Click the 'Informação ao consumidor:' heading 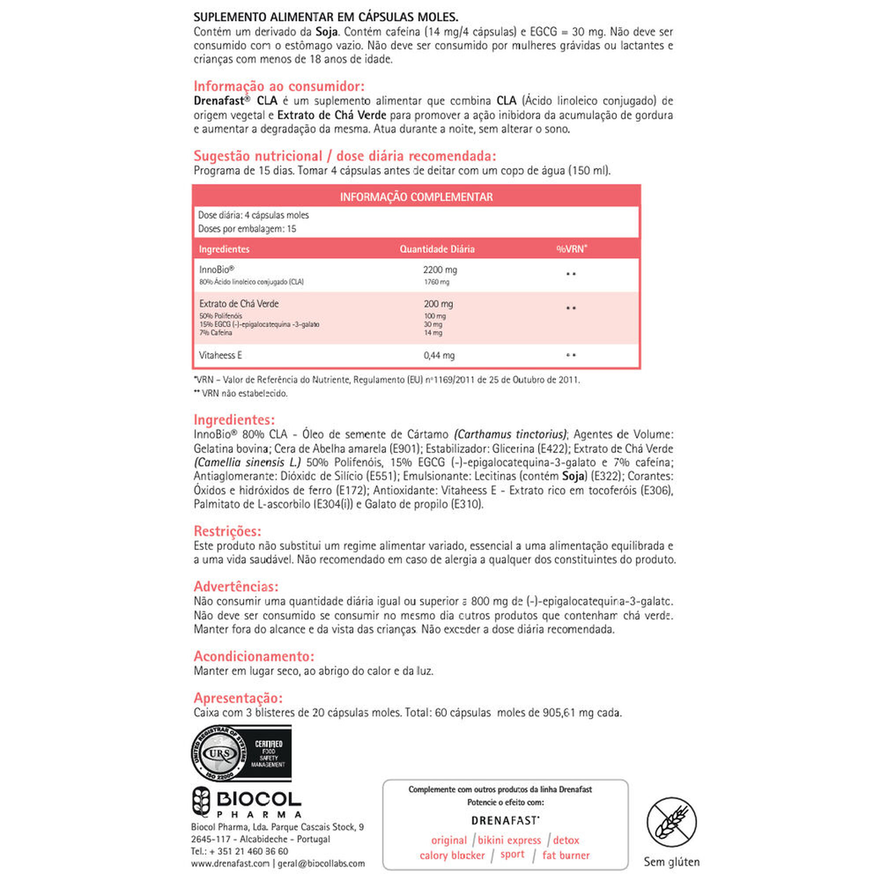click(x=279, y=86)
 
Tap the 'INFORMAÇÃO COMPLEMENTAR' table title click(x=416, y=197)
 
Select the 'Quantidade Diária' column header click(x=437, y=249)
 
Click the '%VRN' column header click(x=571, y=249)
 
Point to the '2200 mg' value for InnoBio click(x=440, y=270)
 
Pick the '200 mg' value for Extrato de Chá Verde click(x=438, y=304)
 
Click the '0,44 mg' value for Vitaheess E click(x=439, y=355)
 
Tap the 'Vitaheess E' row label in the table click(x=220, y=355)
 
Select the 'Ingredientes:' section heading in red click(x=234, y=419)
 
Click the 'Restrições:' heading click(x=227, y=531)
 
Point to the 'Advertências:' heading click(x=236, y=586)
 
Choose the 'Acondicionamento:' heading click(x=254, y=656)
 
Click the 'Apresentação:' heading click(x=238, y=698)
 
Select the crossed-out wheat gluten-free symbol click(x=671, y=822)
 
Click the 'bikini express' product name click(x=509, y=840)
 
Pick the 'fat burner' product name click(x=566, y=855)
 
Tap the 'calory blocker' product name click(x=452, y=855)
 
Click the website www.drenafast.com click(x=230, y=863)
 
